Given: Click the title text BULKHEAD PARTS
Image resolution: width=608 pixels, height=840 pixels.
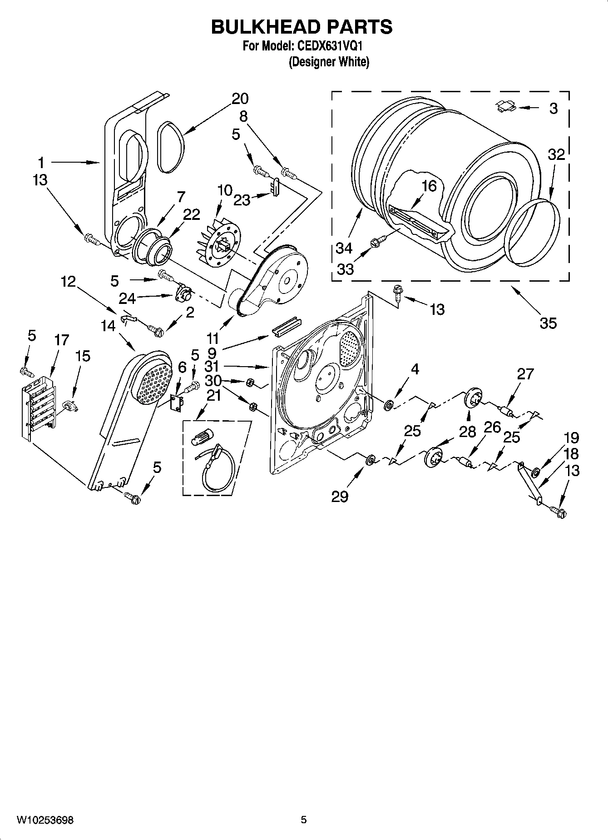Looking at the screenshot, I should click(302, 27).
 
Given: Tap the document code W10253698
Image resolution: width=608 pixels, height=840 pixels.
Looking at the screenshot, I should click(45, 820).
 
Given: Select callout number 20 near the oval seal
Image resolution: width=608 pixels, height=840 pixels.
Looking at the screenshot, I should click(240, 99).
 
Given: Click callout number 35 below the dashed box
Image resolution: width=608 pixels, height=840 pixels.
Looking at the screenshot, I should click(548, 323).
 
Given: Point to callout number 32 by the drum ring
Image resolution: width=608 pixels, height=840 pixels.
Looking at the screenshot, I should click(556, 154).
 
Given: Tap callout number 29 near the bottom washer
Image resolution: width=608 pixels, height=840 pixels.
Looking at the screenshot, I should click(339, 497).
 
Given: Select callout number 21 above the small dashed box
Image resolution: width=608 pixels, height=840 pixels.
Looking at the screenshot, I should click(213, 396).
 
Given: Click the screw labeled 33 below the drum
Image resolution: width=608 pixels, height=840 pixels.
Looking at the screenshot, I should click(378, 241).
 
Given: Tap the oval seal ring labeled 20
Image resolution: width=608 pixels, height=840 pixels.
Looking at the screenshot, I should click(171, 148).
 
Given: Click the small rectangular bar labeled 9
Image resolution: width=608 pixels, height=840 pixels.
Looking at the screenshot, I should click(287, 326).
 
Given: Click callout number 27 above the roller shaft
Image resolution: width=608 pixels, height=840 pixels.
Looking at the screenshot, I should click(525, 374).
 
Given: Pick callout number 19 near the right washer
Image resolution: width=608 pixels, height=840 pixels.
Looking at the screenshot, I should click(571, 438).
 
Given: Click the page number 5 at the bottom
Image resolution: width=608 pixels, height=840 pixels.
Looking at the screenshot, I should click(304, 820).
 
